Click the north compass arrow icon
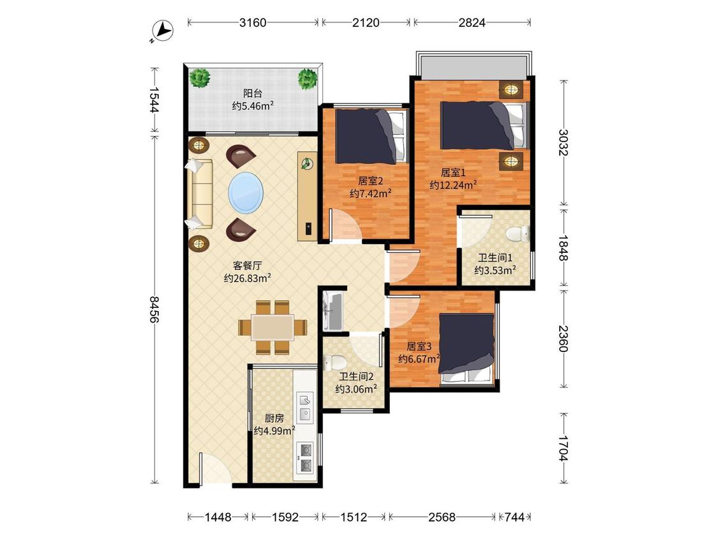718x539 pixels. coord(162,31)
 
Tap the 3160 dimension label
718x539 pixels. coord(253,22)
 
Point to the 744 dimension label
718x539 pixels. coord(514,517)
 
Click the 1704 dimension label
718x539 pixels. coord(563,448)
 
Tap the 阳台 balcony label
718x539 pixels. coord(253,93)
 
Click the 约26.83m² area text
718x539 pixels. coord(247,278)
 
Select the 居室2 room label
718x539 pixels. coord(370,181)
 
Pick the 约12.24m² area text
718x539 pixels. coord(453,185)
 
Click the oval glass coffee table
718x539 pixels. coord(246,192)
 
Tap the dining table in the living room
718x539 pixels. coord(273,327)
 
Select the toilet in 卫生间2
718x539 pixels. coord(334,363)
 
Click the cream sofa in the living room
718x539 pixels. coord(199,194)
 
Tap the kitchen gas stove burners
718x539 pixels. coord(305,457)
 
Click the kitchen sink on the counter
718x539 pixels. coord(305,407)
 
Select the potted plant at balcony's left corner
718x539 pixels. coord(200,78)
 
